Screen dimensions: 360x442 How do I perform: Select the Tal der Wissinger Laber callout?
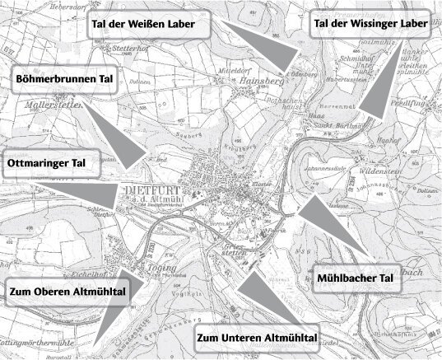370,25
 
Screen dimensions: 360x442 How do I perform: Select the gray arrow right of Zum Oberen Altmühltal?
114,309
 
